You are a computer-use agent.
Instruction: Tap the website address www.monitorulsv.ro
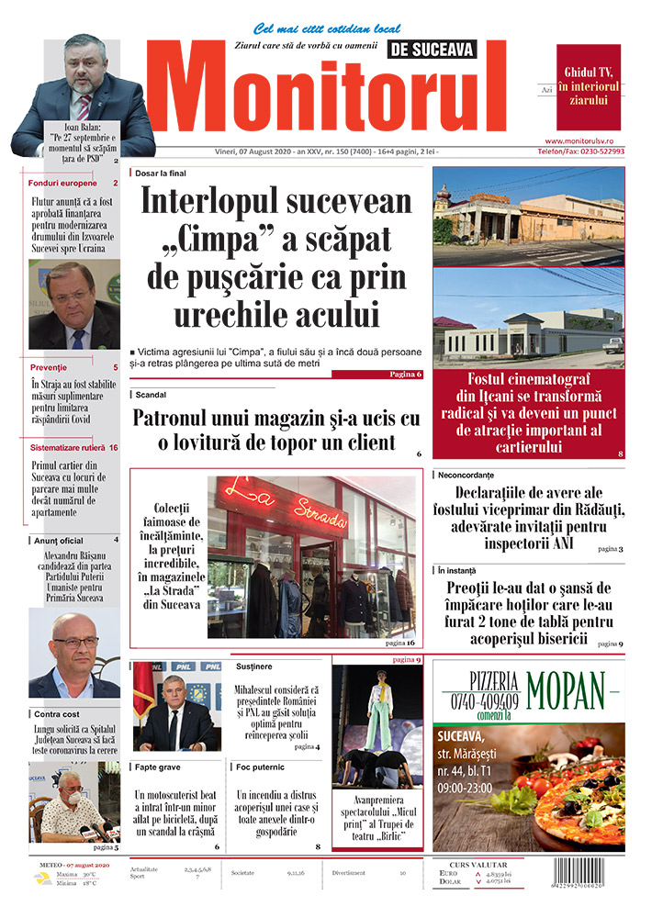click(579, 140)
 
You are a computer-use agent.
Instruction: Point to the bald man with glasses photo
click(73, 655)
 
